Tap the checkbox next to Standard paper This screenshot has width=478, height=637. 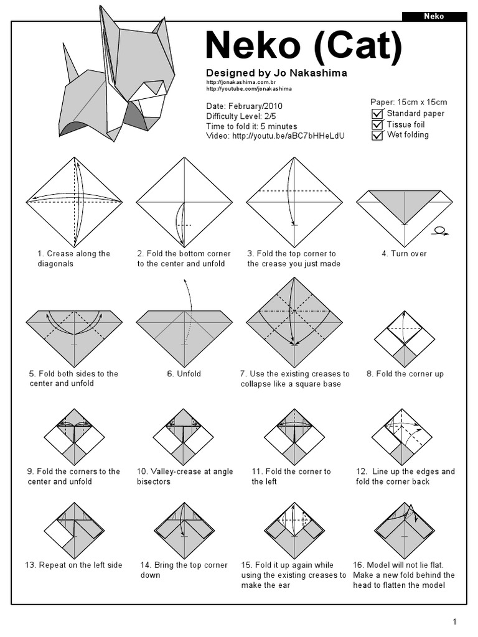[377, 114]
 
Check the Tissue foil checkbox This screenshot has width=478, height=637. [377, 124]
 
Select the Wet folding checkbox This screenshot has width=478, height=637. [377, 135]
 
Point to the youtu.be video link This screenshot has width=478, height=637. [288, 136]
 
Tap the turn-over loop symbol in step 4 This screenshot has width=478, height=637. [439, 231]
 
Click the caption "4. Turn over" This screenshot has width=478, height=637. [404, 254]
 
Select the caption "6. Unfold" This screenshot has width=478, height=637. [184, 374]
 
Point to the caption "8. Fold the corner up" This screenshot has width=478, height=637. [405, 374]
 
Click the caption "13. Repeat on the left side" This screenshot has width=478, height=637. [73, 565]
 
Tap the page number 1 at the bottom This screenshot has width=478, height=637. [455, 621]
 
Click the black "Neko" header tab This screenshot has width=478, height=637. [434, 16]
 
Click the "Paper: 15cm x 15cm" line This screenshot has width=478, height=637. [408, 102]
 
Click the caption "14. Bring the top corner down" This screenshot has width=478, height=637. [184, 570]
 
